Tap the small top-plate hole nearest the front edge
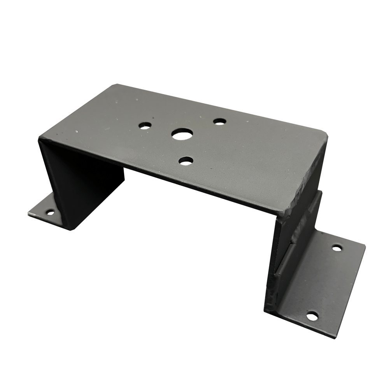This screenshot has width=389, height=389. point(186,160)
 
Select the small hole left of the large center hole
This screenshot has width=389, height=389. point(145,126)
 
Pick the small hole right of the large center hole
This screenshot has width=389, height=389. point(219,121)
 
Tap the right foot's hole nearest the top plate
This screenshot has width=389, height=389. point(337,247)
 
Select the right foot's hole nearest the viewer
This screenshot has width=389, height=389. point(311,316)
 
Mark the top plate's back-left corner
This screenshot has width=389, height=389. point(113,84)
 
